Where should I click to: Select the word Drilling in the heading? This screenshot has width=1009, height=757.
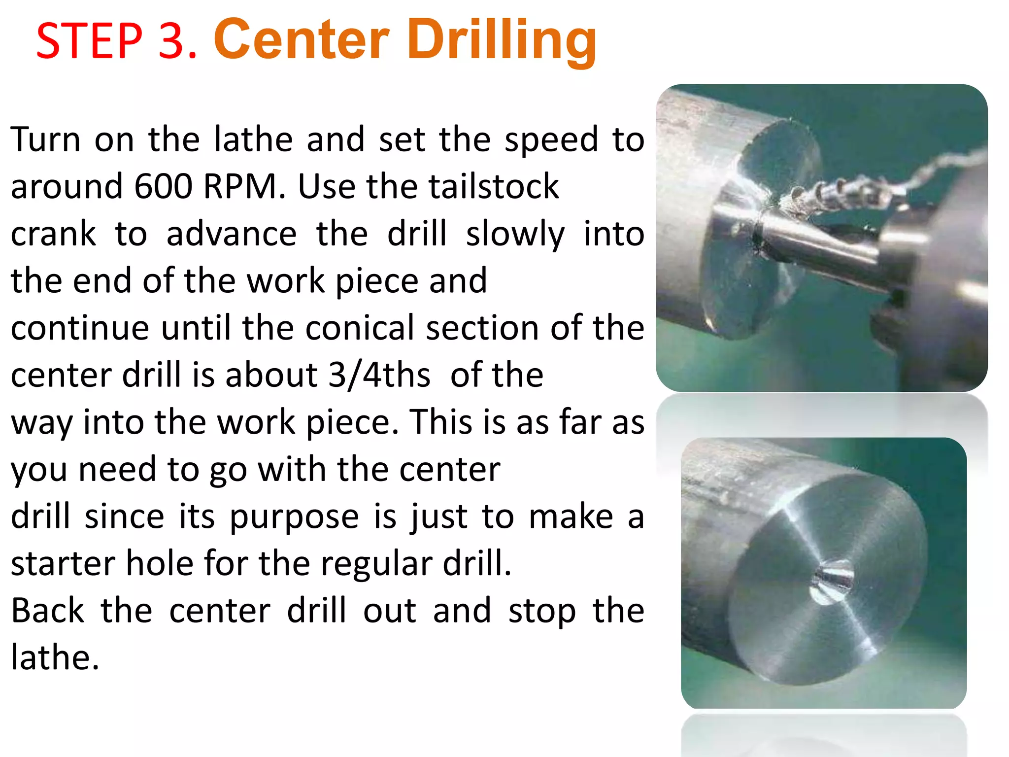(x=502, y=40)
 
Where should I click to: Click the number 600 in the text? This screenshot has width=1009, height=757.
(x=163, y=186)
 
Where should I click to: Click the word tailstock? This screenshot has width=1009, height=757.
(x=494, y=186)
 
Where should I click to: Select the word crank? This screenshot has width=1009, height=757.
(x=53, y=234)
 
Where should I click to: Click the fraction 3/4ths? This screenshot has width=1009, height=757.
(x=379, y=375)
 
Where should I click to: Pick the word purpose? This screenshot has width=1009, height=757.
(x=294, y=517)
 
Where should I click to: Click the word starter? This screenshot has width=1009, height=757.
(x=63, y=563)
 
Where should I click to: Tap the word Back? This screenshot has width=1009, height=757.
(x=48, y=611)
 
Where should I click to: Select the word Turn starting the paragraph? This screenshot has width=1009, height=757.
(x=45, y=139)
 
